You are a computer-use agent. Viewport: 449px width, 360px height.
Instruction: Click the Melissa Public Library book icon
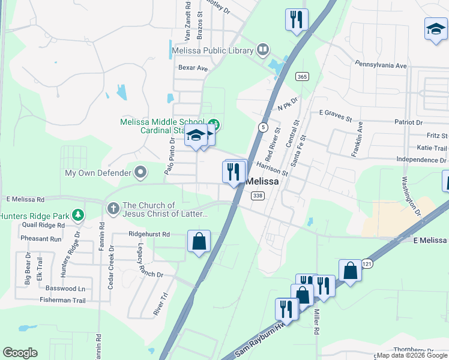[x=262, y=50]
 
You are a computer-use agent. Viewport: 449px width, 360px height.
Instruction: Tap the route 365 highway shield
[x=302, y=76]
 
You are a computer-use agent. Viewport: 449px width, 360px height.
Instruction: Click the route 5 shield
[x=263, y=127]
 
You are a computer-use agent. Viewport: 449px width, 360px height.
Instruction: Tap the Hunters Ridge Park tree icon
[x=77, y=215]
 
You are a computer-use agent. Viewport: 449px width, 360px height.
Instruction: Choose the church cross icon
[x=113, y=208]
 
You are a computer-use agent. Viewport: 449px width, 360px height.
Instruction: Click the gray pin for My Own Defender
[x=140, y=173]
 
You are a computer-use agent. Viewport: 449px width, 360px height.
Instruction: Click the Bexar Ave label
[x=191, y=68]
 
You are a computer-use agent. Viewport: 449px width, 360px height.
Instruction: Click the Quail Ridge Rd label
[x=41, y=226]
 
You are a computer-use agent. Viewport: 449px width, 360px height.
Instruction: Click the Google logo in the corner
[x=20, y=353]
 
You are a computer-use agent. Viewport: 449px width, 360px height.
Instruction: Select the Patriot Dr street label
[x=429, y=122]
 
